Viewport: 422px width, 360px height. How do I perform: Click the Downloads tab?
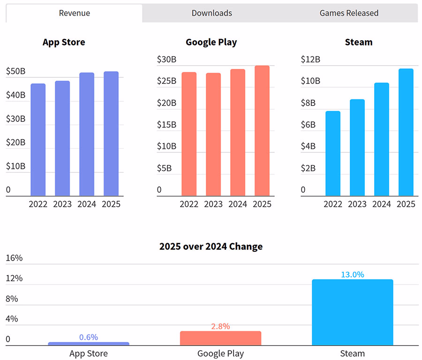(x=211, y=13)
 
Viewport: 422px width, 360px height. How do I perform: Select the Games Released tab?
(x=349, y=13)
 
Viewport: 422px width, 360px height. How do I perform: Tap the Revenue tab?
(x=74, y=13)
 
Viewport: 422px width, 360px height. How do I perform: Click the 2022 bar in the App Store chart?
(x=38, y=140)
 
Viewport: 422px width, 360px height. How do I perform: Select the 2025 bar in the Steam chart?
(x=406, y=132)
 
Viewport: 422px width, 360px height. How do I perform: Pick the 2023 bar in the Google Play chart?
(x=213, y=135)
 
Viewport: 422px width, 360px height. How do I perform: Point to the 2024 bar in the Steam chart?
(x=381, y=139)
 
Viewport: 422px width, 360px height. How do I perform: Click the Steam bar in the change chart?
(x=352, y=313)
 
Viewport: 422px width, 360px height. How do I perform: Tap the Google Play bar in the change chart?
(x=220, y=338)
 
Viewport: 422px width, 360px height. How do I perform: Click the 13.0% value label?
(x=352, y=275)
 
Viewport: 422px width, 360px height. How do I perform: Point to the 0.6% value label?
(x=89, y=337)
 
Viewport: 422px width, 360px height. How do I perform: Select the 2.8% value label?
(x=220, y=326)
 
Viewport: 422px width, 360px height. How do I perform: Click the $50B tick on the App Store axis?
(x=15, y=71)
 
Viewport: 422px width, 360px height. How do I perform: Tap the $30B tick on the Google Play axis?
(x=166, y=60)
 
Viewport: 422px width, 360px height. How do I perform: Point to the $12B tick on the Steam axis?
(x=310, y=60)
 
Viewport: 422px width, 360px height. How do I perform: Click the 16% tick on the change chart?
(x=14, y=258)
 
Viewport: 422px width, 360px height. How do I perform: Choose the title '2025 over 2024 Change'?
(x=211, y=247)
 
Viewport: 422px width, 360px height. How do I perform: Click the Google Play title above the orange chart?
(x=211, y=42)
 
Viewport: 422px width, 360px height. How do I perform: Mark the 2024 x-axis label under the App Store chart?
(x=87, y=204)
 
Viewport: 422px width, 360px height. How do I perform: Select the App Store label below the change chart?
(x=89, y=353)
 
